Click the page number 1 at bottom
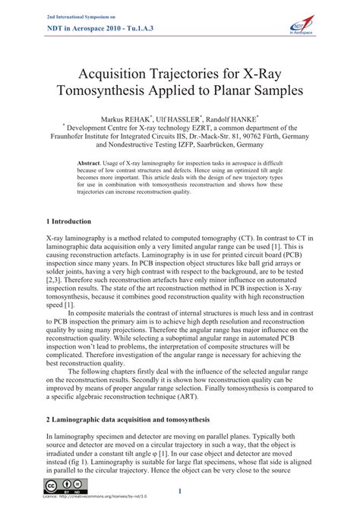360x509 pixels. tap(180, 491)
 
